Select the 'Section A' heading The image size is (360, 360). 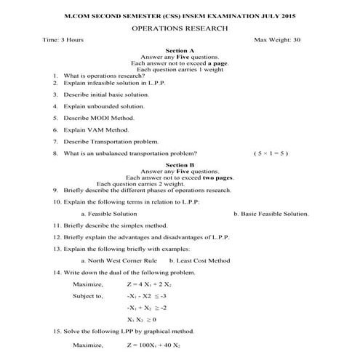(x=180, y=50)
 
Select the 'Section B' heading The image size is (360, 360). (x=180, y=165)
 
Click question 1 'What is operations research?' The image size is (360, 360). (x=100, y=75)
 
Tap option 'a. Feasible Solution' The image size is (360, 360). (x=109, y=214)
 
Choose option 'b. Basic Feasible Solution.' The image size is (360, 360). (x=271, y=214)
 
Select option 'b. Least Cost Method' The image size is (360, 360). (x=199, y=260)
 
